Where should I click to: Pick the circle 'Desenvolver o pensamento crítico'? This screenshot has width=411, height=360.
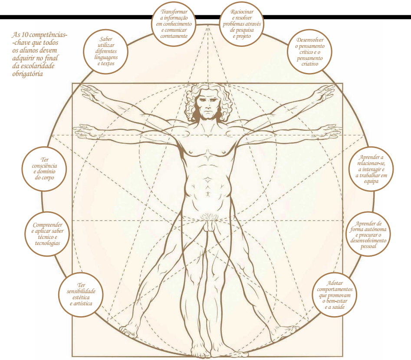click(x=310, y=51)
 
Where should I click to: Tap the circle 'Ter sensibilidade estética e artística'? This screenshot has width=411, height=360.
click(x=81, y=294)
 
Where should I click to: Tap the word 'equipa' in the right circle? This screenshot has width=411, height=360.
click(x=372, y=182)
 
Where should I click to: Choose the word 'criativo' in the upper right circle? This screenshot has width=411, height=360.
click(x=310, y=64)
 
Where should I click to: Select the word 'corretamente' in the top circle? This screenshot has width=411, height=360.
click(x=174, y=36)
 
